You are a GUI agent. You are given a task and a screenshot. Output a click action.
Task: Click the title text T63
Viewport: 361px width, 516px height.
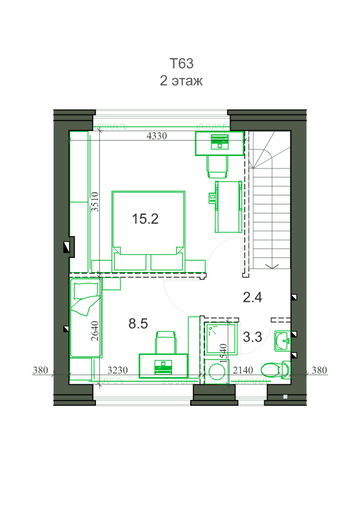click(x=182, y=63)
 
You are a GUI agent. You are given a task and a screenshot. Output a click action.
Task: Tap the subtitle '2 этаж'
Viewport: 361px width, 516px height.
click(x=181, y=81)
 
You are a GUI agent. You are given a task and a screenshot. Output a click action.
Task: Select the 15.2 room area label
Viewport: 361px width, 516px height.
click(x=145, y=219)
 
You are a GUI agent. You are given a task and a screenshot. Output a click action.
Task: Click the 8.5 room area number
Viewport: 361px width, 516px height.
click(x=138, y=324)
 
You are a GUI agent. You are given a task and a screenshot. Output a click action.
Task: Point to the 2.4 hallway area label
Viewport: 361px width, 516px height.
click(x=253, y=297)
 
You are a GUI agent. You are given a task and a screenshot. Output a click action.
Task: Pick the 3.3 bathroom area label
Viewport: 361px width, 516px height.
click(x=253, y=337)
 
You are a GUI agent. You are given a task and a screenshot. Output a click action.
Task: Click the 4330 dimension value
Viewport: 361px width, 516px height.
click(x=157, y=135)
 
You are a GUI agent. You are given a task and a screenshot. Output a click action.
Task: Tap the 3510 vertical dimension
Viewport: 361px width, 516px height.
click(x=95, y=202)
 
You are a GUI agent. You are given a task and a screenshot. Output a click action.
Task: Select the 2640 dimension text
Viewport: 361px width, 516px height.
click(x=95, y=331)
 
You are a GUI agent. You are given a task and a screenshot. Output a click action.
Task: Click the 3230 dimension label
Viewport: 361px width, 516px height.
click(x=118, y=370)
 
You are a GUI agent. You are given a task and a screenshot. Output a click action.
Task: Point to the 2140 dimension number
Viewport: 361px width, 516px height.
click(x=243, y=370)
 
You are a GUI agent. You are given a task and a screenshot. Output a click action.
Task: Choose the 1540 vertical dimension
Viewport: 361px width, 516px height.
click(x=224, y=353)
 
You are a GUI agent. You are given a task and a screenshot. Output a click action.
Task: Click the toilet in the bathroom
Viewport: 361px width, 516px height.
click(x=275, y=370)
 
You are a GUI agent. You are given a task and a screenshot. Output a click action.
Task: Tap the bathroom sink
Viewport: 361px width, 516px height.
click(x=282, y=341)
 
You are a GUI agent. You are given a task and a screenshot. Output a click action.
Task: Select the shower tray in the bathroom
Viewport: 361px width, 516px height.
click(x=220, y=339)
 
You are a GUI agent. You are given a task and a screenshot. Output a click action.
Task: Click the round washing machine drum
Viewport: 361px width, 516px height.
click(x=217, y=372)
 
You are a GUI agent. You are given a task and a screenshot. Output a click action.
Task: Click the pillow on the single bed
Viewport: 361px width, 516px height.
click(x=86, y=291)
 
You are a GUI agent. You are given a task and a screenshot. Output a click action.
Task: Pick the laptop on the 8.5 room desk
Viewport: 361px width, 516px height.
click(x=163, y=367)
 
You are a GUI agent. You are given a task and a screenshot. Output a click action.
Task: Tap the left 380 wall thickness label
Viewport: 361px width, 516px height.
click(x=41, y=370)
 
